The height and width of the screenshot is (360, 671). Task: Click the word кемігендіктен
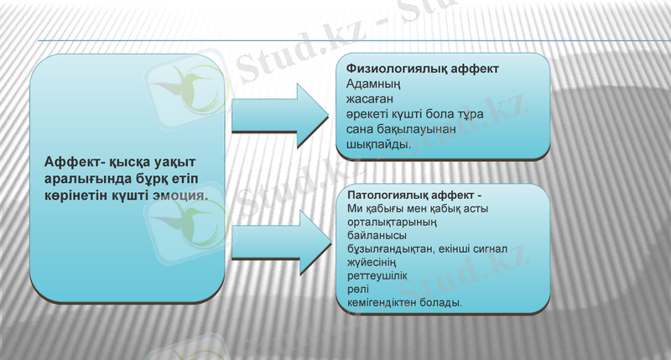pyautogui.click(x=389, y=300)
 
